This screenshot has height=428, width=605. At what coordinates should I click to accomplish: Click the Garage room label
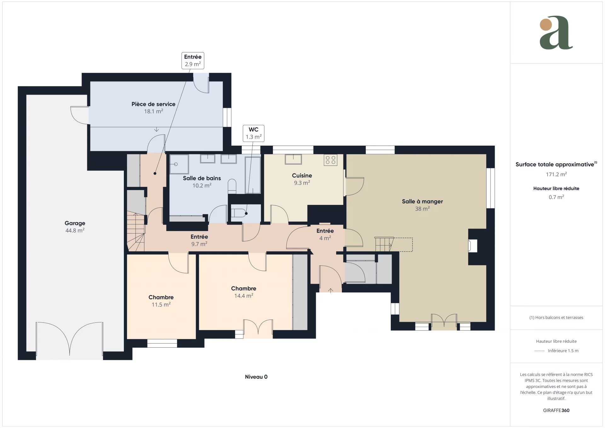75,227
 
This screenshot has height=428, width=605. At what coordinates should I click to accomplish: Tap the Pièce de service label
153,107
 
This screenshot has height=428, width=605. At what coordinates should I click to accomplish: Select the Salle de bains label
202,182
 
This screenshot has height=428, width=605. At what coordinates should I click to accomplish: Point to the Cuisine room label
302,179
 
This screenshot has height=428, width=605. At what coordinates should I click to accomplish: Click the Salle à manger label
422,205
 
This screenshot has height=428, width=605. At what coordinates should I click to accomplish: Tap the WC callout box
254,133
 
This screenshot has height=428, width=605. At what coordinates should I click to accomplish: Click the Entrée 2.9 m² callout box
193,61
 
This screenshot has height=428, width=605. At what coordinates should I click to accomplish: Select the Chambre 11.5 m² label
161,301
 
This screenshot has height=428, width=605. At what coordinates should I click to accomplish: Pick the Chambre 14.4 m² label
244,292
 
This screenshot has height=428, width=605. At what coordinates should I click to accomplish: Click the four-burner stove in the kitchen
330,160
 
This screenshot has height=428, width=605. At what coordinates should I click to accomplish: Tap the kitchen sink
293,159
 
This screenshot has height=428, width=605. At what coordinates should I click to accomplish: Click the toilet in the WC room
239,213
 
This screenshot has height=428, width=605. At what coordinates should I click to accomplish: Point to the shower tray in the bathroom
179,164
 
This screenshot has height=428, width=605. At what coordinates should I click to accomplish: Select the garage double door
69,340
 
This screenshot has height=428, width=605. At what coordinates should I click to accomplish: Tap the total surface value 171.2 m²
556,174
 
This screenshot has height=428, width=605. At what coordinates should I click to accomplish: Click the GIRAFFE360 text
556,410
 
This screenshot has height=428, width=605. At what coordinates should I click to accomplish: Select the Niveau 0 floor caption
256,377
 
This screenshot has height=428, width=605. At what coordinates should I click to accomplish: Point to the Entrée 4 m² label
325,234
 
